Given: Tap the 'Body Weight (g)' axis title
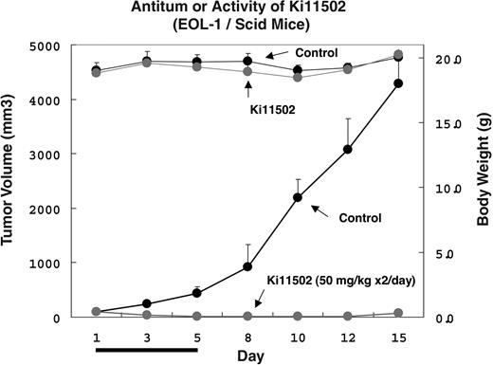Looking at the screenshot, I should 481,180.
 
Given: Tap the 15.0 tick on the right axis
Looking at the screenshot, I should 429,123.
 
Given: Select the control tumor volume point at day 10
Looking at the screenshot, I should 298,197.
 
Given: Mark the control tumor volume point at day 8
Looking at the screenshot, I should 247,266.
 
